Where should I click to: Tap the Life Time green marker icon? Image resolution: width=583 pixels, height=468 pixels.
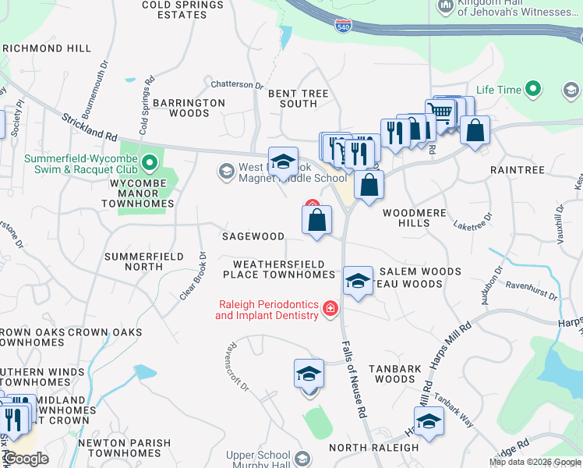point(534,90)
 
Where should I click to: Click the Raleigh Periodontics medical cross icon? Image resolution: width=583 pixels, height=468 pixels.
point(330,310)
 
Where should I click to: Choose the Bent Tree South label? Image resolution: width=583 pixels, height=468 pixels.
point(298,98)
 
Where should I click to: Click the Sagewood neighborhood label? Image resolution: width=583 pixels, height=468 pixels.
point(253,236)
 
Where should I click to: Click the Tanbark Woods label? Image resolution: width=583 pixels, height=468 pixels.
point(394,374)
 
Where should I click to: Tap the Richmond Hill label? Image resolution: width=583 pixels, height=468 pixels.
point(46,48)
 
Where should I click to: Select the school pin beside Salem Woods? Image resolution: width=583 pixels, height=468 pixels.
point(358,281)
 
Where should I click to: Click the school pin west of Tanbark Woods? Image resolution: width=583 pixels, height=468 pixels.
point(309,375)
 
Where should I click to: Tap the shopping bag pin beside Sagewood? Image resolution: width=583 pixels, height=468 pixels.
point(316,221)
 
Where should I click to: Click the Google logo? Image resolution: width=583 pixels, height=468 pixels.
point(26,458)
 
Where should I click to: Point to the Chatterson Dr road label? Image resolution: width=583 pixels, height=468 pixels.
point(238,84)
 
